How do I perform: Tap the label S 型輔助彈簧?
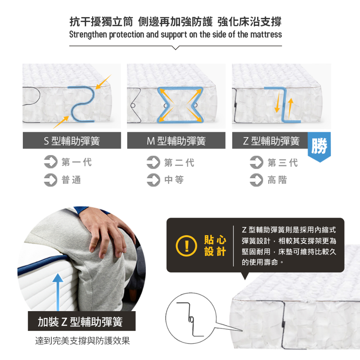coord(72,141)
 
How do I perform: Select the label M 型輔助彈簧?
coord(176,141)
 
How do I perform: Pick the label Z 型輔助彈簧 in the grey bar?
coord(271,141)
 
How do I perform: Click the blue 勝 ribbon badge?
coord(319,147)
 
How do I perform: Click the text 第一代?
coord(77,162)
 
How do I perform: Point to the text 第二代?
coord(179,162)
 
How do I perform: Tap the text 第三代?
coord(283,162)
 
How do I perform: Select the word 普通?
coord(71,180)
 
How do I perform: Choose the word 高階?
coord(277,180)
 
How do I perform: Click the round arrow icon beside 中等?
coord(153,180)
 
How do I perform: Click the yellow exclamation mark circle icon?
coord(186,246)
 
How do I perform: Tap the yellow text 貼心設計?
coord(215,245)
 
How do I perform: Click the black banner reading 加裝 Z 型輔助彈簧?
coord(82,321)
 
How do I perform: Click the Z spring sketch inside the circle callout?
coord(190,319)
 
